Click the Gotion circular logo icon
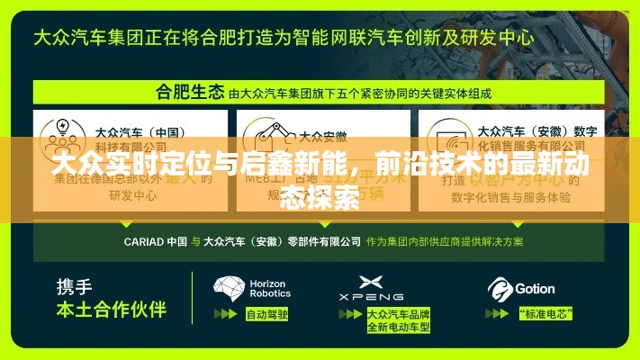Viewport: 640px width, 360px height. click(500, 289)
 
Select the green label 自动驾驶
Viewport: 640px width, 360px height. click(266, 314)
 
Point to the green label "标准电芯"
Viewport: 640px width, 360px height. click(541, 314)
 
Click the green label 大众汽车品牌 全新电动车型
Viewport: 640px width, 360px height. click(398, 320)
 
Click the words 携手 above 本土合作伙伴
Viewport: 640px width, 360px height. click(74, 287)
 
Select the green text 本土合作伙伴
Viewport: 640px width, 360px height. click(112, 310)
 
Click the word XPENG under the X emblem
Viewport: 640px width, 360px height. click(371, 297)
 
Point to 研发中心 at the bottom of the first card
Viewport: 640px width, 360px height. click(133, 193)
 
